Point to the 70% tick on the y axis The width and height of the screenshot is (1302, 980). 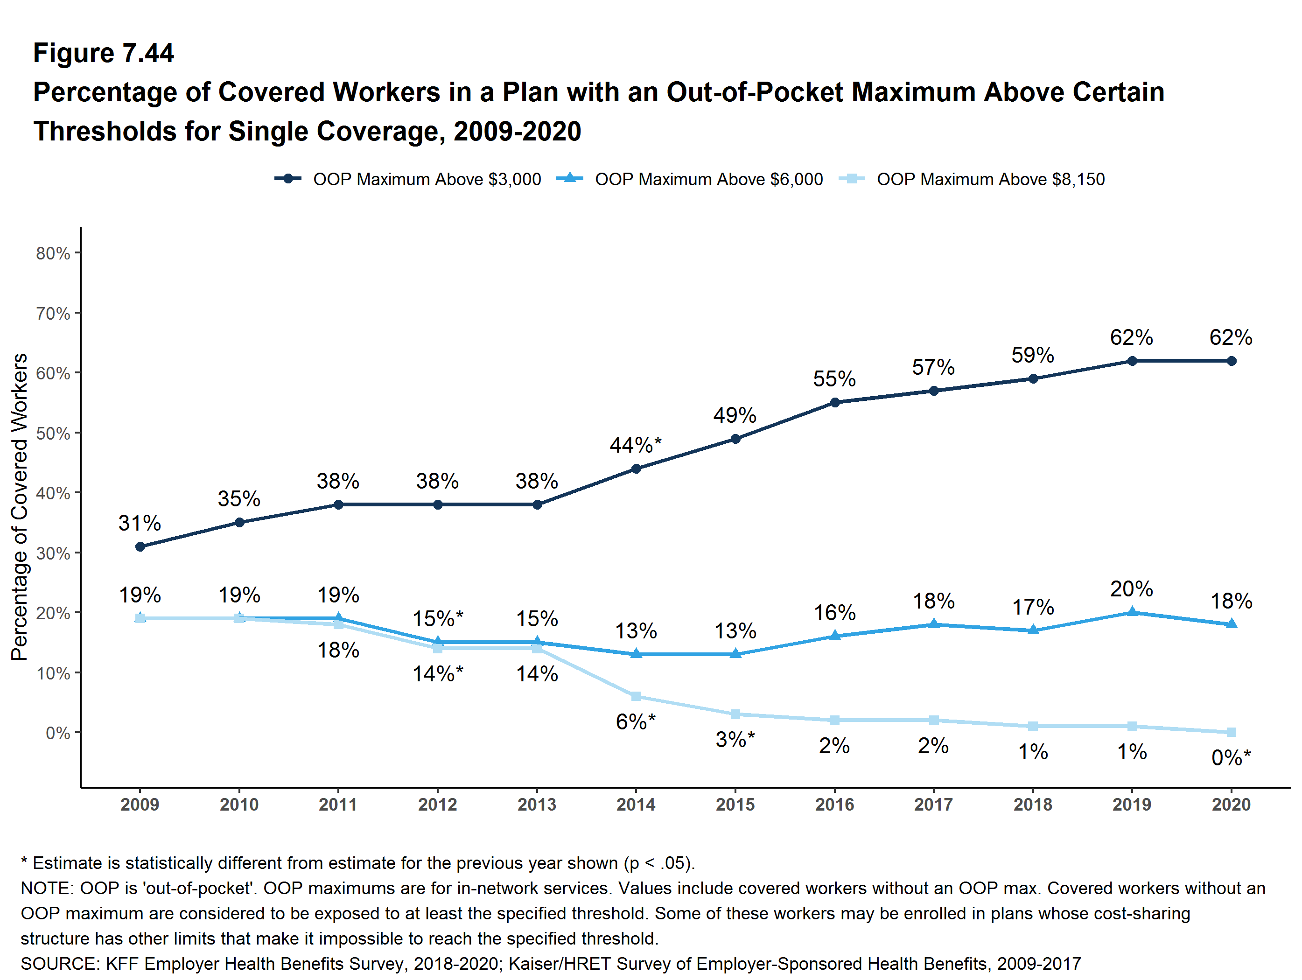click(x=53, y=313)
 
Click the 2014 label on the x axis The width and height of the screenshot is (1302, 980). click(x=636, y=804)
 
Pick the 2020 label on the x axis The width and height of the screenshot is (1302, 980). click(x=1231, y=804)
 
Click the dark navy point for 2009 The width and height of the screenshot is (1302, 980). click(x=140, y=547)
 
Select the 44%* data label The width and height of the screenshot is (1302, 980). click(x=636, y=445)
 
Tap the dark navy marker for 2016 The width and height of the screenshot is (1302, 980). click(x=835, y=403)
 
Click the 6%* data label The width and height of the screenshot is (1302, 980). click(x=636, y=721)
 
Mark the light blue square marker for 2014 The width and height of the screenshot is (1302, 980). click(x=636, y=696)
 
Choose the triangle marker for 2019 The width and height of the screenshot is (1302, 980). click(x=1132, y=612)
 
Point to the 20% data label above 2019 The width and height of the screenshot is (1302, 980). click(x=1131, y=588)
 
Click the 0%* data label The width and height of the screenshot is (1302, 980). click(x=1231, y=757)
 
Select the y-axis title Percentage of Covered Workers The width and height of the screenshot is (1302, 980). click(x=20, y=507)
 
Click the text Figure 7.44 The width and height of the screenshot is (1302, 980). click(x=104, y=53)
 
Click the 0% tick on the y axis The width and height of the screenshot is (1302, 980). click(x=58, y=733)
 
